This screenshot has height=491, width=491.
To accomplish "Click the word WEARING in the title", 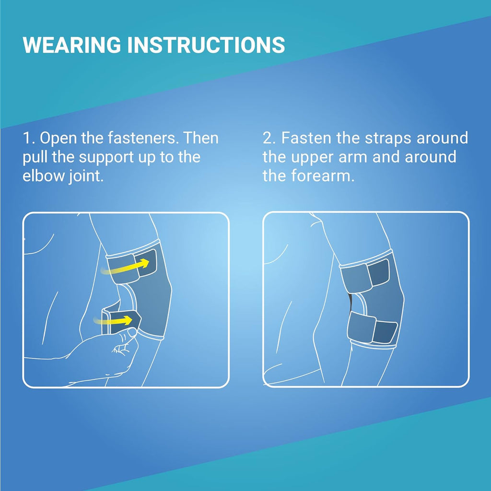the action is pos(72,45).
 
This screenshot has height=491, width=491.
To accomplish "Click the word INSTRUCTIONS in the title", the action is pos(206,45).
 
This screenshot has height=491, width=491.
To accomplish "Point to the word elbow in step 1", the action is pos(44,175).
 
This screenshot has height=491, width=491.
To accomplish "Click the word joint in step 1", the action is pos(84,176).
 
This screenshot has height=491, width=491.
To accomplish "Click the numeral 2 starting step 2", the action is pos(268,138).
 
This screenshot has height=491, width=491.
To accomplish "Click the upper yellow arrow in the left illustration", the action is pos(125,267).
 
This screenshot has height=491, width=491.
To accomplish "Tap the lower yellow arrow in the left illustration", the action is pos(113,321).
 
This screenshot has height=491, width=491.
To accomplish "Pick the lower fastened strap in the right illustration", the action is pos(372,327).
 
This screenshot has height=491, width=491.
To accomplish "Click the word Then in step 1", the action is pos(200,138).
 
